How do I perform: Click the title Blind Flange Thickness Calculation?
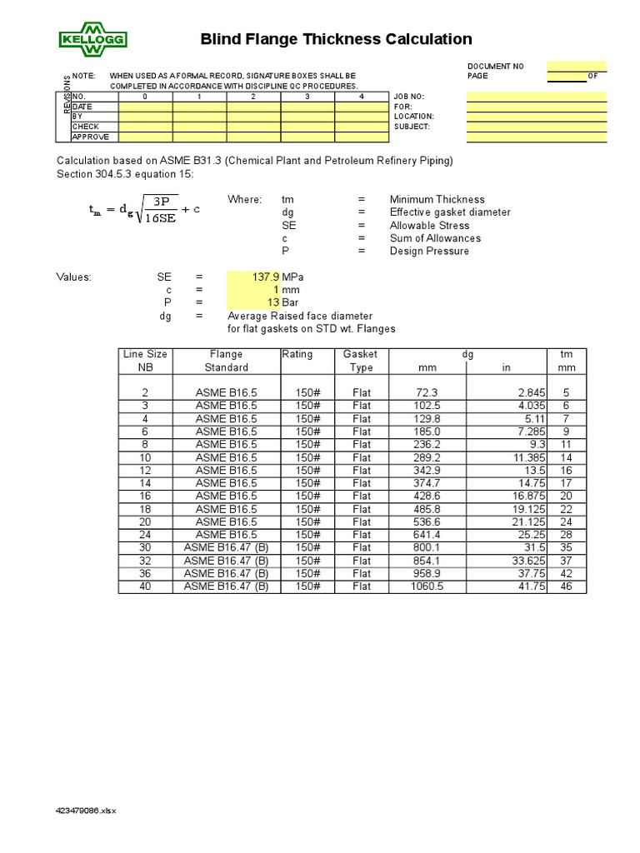[x=337, y=39]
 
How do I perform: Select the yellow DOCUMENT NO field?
[x=577, y=66]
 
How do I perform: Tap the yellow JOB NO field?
[x=536, y=96]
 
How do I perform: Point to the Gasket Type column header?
[x=361, y=361]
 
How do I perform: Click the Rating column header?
[x=297, y=354]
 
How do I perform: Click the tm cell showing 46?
[x=566, y=586]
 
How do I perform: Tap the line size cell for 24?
[x=145, y=535]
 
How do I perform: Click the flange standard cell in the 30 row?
[x=226, y=548]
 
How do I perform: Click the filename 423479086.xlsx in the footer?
[x=87, y=811]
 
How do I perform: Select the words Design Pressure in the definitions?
[x=428, y=251]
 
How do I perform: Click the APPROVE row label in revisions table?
[x=91, y=137]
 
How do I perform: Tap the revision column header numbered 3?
[x=307, y=97]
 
